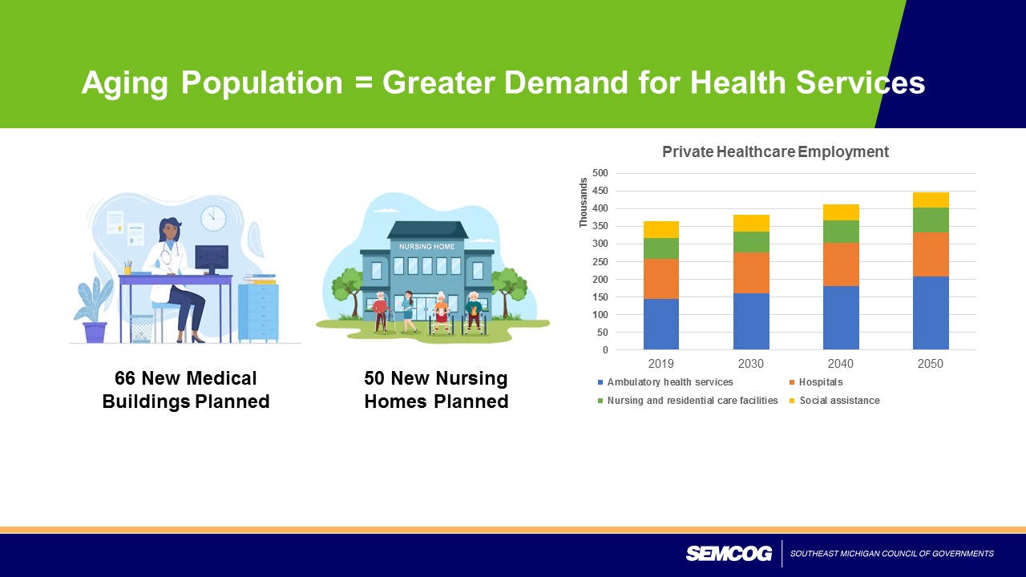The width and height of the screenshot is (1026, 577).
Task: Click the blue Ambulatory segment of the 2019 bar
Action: [x=660, y=324]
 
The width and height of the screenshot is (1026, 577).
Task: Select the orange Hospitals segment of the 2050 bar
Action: [x=931, y=254]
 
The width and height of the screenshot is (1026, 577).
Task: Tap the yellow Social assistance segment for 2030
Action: [x=751, y=223]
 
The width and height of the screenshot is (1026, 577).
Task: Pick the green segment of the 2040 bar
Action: [x=841, y=232]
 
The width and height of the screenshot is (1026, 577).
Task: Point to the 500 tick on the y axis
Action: [x=600, y=173]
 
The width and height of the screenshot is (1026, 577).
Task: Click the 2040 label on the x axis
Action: [x=841, y=364]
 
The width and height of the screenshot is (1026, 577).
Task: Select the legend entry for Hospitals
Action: [x=821, y=382]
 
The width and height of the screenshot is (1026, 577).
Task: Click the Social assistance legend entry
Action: [x=838, y=401]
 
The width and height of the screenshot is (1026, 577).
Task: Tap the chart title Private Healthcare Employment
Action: [x=775, y=151]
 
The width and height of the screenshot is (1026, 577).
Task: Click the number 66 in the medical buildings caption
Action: [x=125, y=378]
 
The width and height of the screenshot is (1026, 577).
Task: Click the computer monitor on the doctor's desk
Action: [x=212, y=257]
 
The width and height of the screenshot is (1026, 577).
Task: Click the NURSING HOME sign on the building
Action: [x=426, y=247]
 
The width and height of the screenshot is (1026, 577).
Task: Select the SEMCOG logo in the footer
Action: [x=729, y=554]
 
